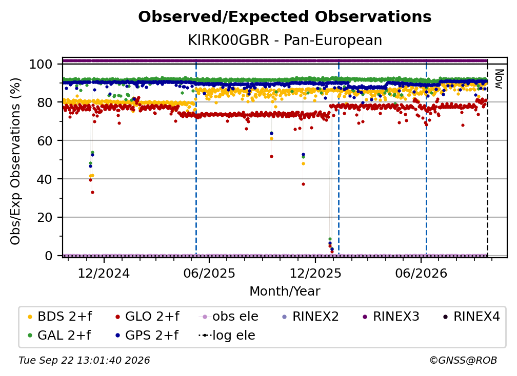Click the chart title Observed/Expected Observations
(x=285, y=17)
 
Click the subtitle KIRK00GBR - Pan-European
(x=285, y=40)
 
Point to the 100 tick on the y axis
(x=41, y=64)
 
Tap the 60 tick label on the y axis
(x=45, y=141)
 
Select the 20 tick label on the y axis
(x=45, y=218)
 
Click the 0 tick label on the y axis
(x=48, y=256)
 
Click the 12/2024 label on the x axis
(x=104, y=273)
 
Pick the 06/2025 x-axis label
(x=209, y=273)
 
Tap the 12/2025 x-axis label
(x=315, y=273)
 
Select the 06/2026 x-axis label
(x=421, y=273)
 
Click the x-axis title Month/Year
(x=285, y=291)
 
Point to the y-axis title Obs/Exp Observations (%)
(x=15, y=161)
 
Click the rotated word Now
(x=499, y=79)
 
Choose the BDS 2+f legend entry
(x=59, y=317)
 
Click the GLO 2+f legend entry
(x=147, y=317)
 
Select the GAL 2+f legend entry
(x=59, y=336)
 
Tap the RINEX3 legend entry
(x=391, y=317)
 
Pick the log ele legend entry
(x=227, y=336)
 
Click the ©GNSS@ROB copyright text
(x=463, y=361)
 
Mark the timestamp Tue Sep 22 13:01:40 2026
(x=85, y=361)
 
